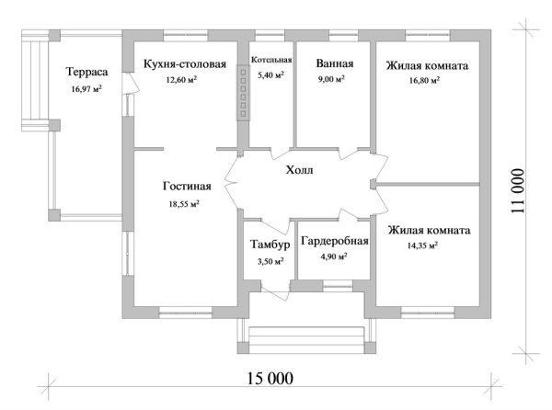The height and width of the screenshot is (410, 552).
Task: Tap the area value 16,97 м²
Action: coord(86,89)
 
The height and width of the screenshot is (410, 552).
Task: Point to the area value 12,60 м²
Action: coord(182,80)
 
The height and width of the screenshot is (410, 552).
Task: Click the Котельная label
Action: coord(270,60)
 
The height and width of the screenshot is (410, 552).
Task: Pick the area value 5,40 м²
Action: coord(270,74)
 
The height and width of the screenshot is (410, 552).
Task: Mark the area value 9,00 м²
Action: coord(330,80)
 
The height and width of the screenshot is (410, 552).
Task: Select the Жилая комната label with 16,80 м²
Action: coord(427,65)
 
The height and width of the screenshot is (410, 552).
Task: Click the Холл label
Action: coord(299,170)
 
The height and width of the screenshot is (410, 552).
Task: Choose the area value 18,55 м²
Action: coord(185,204)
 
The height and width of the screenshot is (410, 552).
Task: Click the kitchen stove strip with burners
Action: coord(244,91)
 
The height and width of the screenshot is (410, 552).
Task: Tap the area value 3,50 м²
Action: coord(269,262)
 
